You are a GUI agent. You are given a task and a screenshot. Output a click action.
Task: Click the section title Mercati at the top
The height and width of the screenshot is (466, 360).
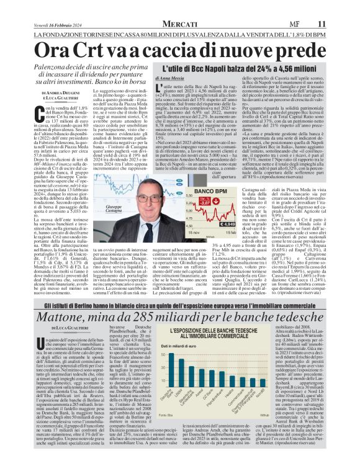click(x=179, y=7)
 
